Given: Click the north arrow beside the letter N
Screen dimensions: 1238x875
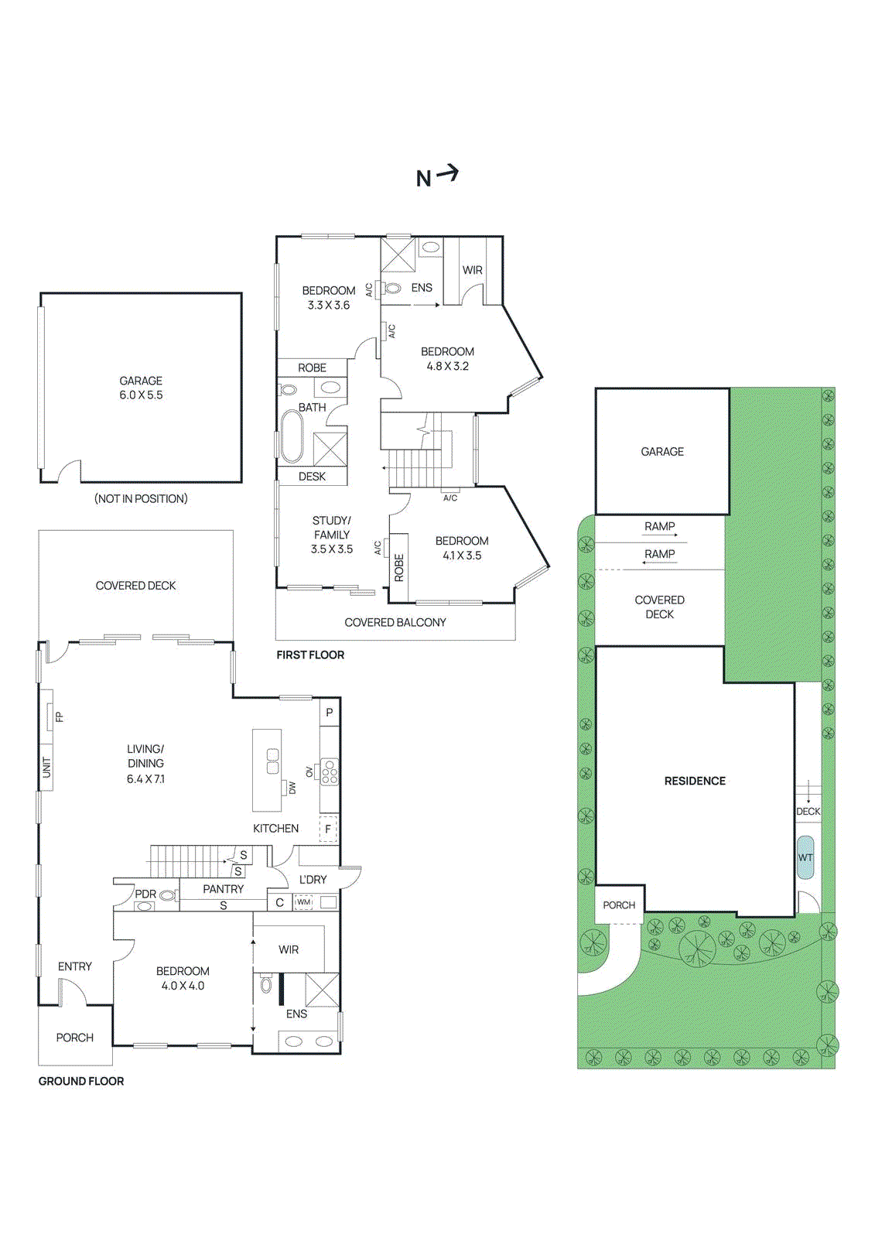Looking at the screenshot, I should pos(448,173).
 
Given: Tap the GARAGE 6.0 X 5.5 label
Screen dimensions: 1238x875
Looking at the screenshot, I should pos(141,388).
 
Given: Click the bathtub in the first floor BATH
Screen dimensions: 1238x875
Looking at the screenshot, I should pos(292,436).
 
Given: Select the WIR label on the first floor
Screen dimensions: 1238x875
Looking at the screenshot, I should pos(472,270).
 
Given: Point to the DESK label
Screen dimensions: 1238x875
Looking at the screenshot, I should pos(312,477).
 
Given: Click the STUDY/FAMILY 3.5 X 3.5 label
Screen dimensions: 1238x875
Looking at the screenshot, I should pos(332,535).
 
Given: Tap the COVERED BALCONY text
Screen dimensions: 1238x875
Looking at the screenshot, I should pos(395,622).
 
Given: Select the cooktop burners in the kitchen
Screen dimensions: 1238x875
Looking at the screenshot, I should pos(330,772).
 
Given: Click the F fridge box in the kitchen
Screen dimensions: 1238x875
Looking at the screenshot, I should pos(328,829).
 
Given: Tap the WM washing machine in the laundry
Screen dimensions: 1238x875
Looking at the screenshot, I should pos(304,902).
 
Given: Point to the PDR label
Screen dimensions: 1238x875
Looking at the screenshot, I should pos(145,894).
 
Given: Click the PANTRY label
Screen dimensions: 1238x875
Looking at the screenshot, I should pos(223,889).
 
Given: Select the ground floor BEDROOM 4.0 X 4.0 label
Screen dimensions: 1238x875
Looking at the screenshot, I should pos(183,978).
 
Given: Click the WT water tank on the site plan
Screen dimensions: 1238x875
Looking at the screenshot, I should pos(805,857).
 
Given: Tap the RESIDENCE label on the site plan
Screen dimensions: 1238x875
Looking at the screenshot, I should pos(695,781).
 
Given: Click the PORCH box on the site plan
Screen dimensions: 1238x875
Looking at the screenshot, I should pos(619,905).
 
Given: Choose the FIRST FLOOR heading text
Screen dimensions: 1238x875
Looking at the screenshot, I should pos(310,655).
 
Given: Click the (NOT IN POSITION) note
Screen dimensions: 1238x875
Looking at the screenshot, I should pos(141,499).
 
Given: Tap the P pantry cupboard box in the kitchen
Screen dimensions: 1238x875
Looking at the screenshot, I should pos(330,713).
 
